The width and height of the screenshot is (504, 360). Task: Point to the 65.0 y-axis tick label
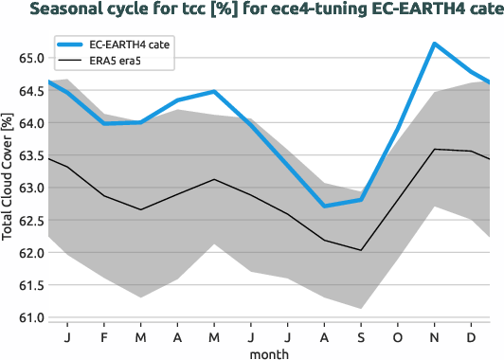click(x=30, y=58)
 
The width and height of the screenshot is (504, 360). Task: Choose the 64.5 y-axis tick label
click(x=30, y=91)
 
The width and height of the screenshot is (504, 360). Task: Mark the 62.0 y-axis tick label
click(x=30, y=253)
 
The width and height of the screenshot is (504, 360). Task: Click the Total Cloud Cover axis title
click(x=9, y=184)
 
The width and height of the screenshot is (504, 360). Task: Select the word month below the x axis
click(x=269, y=352)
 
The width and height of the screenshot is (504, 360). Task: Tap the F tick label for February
click(x=104, y=337)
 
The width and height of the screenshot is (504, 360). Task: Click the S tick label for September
click(x=361, y=337)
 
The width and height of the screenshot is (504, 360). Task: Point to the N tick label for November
click(x=434, y=337)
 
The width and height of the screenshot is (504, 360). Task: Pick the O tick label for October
click(x=397, y=337)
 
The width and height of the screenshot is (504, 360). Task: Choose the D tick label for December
click(x=471, y=337)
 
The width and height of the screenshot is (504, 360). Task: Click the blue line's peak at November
click(x=434, y=44)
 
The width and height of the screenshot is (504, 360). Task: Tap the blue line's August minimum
click(x=324, y=206)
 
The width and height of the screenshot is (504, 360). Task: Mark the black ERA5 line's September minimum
click(x=361, y=250)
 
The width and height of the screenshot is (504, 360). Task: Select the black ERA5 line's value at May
click(x=214, y=179)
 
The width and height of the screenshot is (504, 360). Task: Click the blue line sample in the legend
click(x=71, y=45)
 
